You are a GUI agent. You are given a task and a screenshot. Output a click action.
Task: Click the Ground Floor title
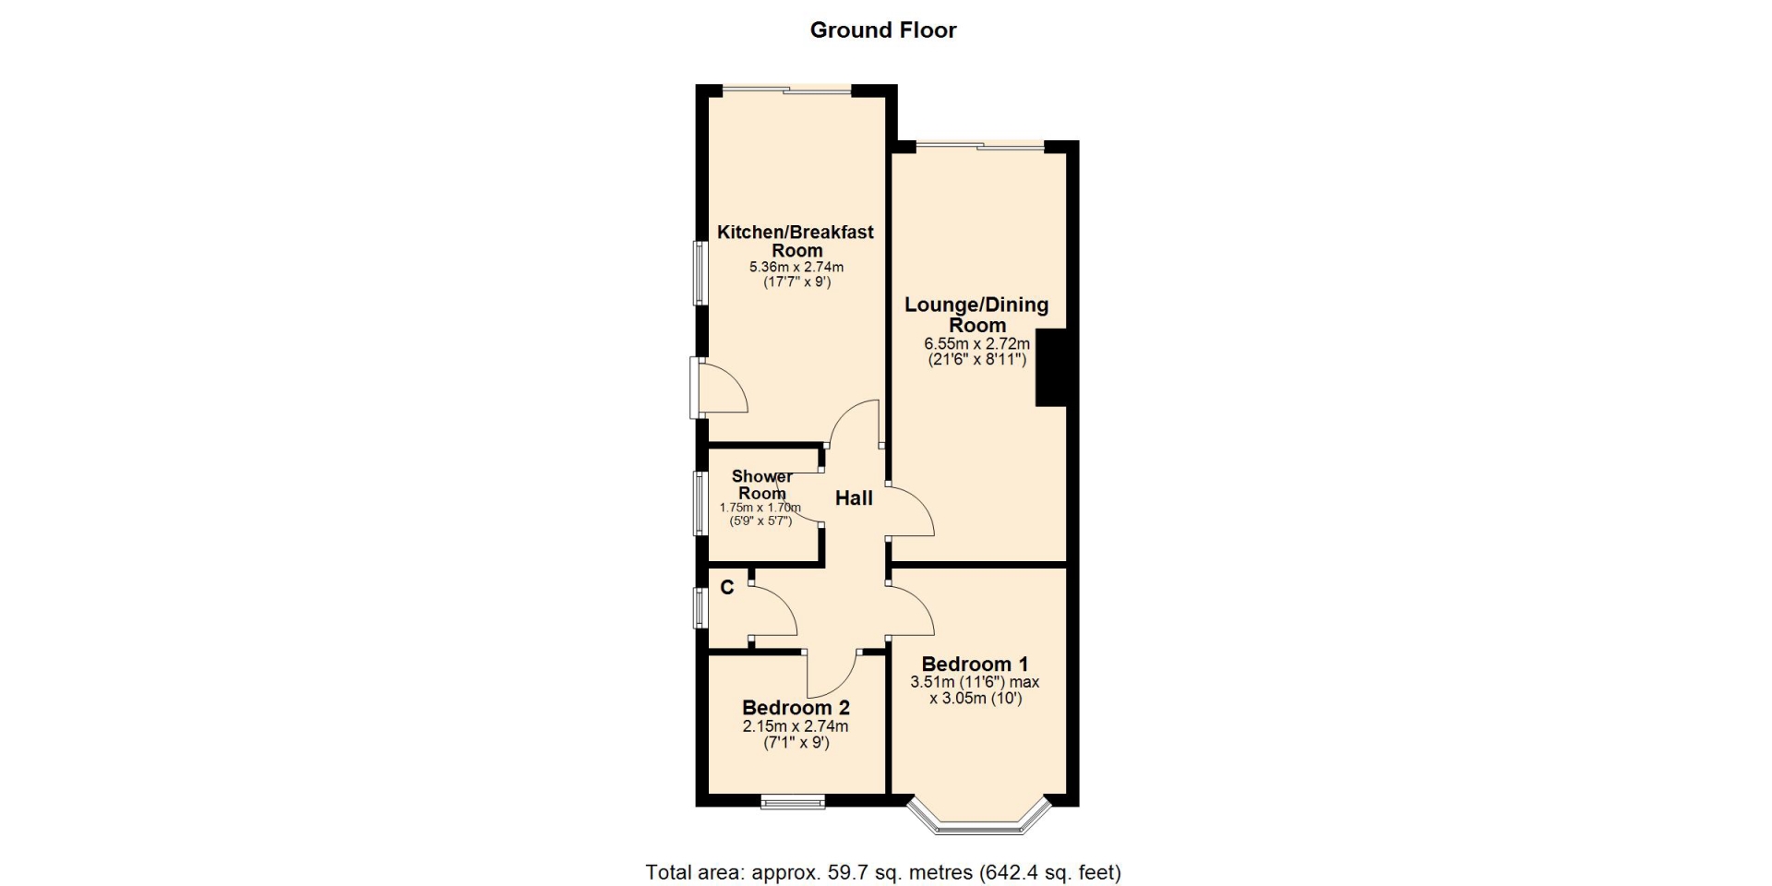coord(883,30)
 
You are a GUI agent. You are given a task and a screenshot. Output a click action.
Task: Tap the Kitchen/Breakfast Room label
coord(796,241)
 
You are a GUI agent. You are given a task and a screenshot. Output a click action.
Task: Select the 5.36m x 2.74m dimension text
coord(796,268)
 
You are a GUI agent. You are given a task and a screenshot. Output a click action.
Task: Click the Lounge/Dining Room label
coord(976,315)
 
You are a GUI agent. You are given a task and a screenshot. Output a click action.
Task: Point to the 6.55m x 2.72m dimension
coord(977,343)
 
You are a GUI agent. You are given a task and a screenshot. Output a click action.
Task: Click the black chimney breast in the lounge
coord(1051,367)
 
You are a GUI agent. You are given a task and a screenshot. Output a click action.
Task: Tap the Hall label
coord(854,498)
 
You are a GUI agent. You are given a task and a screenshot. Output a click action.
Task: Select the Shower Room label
coord(762,485)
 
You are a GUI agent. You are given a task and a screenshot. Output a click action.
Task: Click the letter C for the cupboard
coord(727,587)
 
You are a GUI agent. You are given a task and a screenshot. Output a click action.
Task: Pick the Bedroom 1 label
coord(975,664)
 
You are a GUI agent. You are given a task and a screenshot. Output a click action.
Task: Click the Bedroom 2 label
coord(796,708)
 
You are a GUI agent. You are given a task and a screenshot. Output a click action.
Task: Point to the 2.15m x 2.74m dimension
coord(796,726)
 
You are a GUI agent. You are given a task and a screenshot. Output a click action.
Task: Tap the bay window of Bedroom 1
coord(979,818)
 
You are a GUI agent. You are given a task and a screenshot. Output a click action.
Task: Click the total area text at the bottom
coord(883,872)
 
